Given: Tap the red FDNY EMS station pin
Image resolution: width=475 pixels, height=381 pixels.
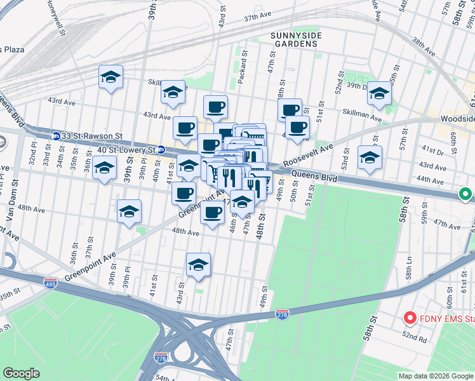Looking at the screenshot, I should [x=410, y=318].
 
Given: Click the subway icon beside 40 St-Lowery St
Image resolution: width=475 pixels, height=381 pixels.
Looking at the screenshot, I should [x=161, y=150].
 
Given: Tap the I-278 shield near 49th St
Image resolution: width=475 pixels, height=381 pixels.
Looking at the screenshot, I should [x=283, y=314].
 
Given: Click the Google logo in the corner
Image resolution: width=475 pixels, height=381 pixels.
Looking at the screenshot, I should [x=21, y=373].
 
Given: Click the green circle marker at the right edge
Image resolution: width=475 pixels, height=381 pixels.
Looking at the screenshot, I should [x=466, y=194].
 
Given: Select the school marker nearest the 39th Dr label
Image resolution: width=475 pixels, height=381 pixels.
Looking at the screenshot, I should [x=379, y=93].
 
